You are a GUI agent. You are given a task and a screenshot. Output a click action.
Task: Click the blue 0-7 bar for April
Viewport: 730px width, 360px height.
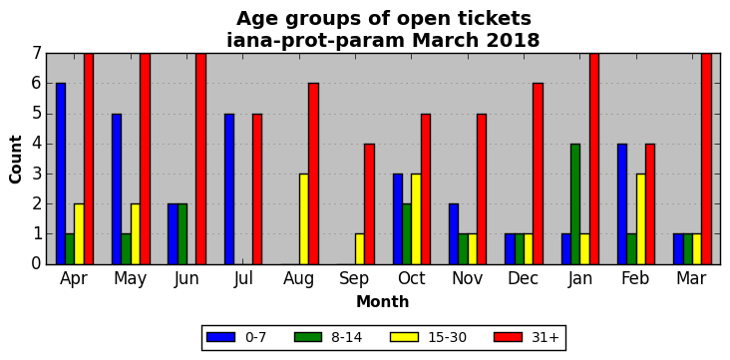(x=61, y=174)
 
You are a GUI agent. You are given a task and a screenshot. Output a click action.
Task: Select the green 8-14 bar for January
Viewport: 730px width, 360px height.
(x=575, y=204)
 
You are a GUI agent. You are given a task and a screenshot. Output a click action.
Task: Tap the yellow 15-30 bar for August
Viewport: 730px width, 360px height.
(x=303, y=218)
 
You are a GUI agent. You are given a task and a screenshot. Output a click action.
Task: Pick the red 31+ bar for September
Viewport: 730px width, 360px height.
(x=369, y=204)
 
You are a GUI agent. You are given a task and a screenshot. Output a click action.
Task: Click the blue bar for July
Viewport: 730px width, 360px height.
(x=229, y=189)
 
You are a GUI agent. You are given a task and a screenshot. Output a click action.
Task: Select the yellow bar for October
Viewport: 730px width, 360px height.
(x=416, y=218)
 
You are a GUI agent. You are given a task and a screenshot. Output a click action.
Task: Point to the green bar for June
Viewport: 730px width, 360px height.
(x=182, y=234)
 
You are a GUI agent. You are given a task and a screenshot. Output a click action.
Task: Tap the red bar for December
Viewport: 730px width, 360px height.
(x=538, y=174)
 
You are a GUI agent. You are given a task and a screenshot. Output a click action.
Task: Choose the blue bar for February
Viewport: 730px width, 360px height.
(x=622, y=204)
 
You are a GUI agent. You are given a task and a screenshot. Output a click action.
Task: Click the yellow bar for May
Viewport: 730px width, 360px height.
(x=135, y=234)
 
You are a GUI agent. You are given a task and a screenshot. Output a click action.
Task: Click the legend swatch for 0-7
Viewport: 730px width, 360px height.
(x=220, y=337)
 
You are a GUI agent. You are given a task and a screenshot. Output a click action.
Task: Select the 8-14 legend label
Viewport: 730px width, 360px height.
(x=346, y=338)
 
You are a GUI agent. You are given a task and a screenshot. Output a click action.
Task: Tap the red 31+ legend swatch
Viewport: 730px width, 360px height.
(x=508, y=337)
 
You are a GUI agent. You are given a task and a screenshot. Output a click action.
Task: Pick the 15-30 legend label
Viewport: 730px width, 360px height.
(x=447, y=338)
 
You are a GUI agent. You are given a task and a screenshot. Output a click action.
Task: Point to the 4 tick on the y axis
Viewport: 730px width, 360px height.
(x=37, y=144)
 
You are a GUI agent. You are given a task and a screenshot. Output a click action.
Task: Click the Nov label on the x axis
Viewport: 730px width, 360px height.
(x=468, y=278)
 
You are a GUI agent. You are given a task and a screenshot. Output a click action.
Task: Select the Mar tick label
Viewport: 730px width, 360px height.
(x=692, y=278)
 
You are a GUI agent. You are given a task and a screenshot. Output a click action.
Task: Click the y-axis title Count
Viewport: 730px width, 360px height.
(x=15, y=159)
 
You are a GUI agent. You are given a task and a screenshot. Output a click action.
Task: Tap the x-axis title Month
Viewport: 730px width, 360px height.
(x=383, y=302)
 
